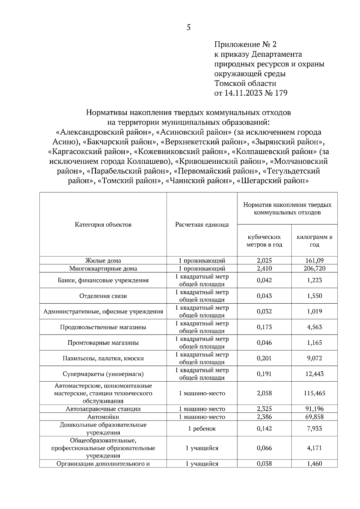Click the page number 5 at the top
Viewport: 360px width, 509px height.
click(188, 28)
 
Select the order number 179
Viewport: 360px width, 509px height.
click(281, 93)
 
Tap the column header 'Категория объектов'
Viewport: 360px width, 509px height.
click(103, 225)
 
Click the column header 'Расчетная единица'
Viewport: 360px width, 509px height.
click(202, 225)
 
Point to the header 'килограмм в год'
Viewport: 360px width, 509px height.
click(314, 241)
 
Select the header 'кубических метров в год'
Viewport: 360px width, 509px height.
click(264, 241)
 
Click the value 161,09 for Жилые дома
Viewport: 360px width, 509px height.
click(314, 260)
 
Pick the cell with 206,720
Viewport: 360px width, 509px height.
click(314, 268)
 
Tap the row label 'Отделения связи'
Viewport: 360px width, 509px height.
click(103, 296)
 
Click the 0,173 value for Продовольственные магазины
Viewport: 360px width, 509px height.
click(264, 327)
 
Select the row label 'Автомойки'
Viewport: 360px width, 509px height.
click(103, 417)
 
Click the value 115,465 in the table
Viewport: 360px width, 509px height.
click(314, 393)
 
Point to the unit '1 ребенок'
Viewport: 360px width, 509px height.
click(202, 429)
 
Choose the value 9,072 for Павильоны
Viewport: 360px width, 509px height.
click(314, 358)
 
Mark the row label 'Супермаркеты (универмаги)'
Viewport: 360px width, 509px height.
click(103, 374)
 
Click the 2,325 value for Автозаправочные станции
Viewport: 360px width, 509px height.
click(264, 409)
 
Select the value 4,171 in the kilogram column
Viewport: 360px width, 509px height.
click(314, 448)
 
